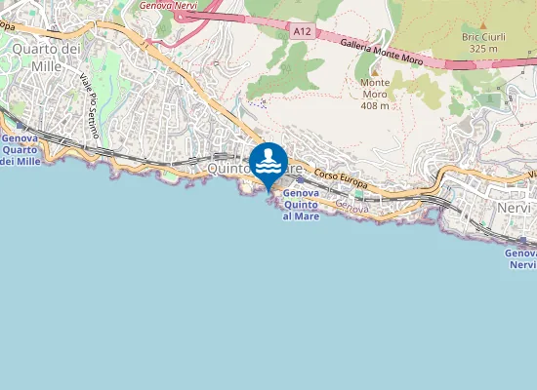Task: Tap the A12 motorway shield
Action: [x=303, y=32]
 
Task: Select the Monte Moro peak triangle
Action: [x=374, y=70]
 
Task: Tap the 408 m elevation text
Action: [x=374, y=105]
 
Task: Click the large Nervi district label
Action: [x=514, y=209]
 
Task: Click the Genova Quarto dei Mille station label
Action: [x=21, y=151]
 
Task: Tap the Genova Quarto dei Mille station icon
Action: [x=21, y=126]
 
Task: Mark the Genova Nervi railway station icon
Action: [x=524, y=240]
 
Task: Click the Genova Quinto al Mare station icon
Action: [x=299, y=180]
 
